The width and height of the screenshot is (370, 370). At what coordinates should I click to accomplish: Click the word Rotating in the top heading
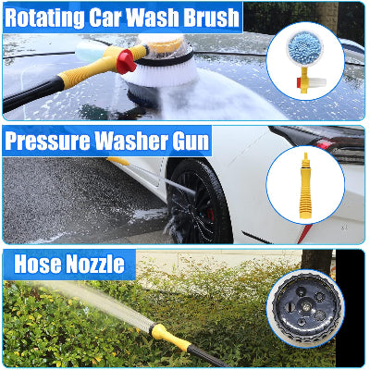(x=44, y=18)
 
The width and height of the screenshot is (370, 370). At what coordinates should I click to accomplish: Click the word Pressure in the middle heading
(x=47, y=141)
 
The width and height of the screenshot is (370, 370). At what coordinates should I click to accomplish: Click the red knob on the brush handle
(x=126, y=61)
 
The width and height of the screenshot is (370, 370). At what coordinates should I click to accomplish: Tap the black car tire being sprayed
(x=198, y=201)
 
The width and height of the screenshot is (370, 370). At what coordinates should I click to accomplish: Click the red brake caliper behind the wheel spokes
(x=211, y=214)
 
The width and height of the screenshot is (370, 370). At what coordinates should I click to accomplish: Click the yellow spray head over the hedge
(x=170, y=337)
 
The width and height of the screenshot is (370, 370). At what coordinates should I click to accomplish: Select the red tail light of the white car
(x=323, y=144)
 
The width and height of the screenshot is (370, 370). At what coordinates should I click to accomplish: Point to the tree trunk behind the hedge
(x=316, y=262)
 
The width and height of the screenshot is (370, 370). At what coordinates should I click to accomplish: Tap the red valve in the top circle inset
(x=299, y=83)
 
